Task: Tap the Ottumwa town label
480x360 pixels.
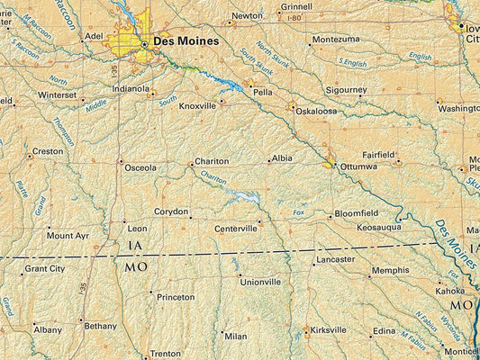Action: (x=358, y=166)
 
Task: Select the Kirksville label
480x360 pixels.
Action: (x=327, y=330)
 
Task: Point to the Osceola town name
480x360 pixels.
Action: (x=140, y=167)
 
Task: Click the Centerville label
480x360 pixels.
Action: (x=236, y=229)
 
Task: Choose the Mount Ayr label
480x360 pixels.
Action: (x=68, y=235)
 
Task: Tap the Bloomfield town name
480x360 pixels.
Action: (x=357, y=214)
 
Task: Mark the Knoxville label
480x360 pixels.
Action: (x=197, y=105)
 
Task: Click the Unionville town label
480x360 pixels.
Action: (x=260, y=282)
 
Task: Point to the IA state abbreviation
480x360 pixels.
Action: (x=135, y=246)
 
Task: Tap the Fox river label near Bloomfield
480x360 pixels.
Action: (x=299, y=212)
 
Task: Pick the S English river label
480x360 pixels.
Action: (x=352, y=62)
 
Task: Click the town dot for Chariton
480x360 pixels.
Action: (x=191, y=165)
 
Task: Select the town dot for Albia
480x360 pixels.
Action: (x=268, y=162)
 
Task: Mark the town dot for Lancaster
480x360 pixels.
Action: (x=313, y=264)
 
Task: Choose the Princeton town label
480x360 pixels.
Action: (x=175, y=297)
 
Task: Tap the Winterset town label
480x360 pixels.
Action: (x=58, y=94)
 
